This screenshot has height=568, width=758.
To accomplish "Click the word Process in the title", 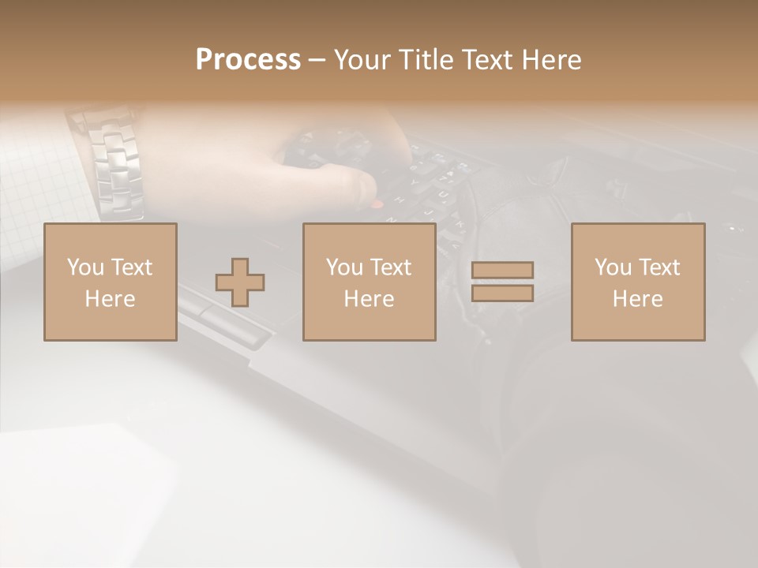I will [248, 60].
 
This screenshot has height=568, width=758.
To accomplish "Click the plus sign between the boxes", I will [240, 282].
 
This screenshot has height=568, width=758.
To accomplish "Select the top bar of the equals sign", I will [502, 270].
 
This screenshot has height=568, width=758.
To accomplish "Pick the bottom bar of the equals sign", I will [502, 293].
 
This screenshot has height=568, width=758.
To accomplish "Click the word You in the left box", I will [84, 267].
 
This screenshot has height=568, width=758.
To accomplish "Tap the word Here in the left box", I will [110, 299].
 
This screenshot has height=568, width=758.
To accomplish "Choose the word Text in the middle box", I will [390, 267].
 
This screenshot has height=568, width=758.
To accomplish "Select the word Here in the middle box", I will [369, 299].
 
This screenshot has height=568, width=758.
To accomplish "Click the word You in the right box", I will [612, 267].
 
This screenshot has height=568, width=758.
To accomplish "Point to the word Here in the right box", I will [637, 299].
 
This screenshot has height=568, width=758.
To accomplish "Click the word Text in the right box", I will [659, 267].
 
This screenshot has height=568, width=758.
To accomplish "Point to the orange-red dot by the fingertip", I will [377, 204].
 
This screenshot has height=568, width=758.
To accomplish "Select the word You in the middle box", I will [343, 267].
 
